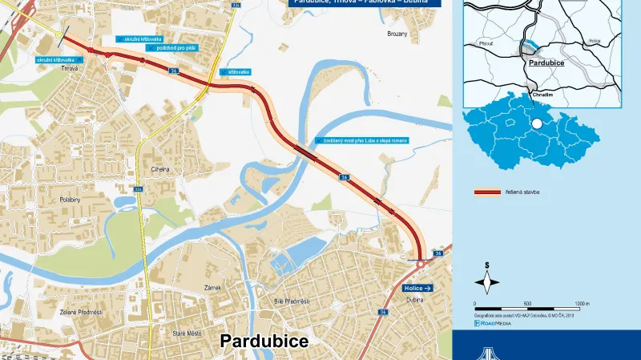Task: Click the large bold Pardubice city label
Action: [x=264, y=341]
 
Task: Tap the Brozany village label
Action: [x=397, y=34]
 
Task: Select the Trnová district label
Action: [x=70, y=69]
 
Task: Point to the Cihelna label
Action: [x=161, y=169]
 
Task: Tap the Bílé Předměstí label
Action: [x=292, y=301]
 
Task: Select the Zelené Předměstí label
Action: [x=80, y=312]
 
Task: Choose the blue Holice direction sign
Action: [x=418, y=287]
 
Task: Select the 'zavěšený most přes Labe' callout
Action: [x=365, y=141]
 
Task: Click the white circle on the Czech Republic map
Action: [x=536, y=125]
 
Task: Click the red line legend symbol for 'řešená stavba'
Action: [x=486, y=193]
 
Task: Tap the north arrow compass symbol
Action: [x=486, y=280]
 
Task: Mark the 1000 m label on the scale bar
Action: [x=582, y=304]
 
